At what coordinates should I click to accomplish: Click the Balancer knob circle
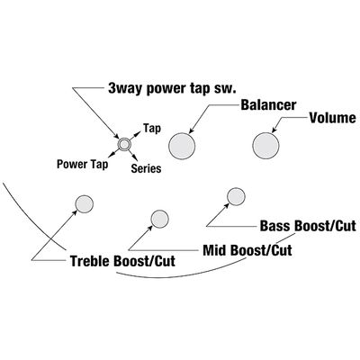(182, 146)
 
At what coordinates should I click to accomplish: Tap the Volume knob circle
(265, 146)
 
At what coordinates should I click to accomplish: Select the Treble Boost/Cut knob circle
(84, 204)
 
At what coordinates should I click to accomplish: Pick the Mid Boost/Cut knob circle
(159, 219)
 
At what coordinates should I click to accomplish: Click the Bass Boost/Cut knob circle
(236, 197)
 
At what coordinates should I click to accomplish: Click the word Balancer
(268, 105)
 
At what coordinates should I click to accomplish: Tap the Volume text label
(332, 118)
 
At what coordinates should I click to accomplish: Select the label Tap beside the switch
(152, 129)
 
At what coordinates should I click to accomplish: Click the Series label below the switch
(146, 168)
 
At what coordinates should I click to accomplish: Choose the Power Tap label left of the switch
(83, 165)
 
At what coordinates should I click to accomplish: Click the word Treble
(90, 261)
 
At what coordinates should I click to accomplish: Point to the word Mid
(214, 250)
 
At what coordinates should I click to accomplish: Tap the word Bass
(275, 226)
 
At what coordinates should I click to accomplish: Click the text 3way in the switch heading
(125, 88)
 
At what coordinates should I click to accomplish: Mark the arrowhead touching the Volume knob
(274, 130)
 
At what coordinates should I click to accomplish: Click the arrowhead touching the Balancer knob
(191, 130)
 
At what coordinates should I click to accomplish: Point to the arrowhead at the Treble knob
(75, 211)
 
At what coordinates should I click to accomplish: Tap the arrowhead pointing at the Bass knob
(227, 204)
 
